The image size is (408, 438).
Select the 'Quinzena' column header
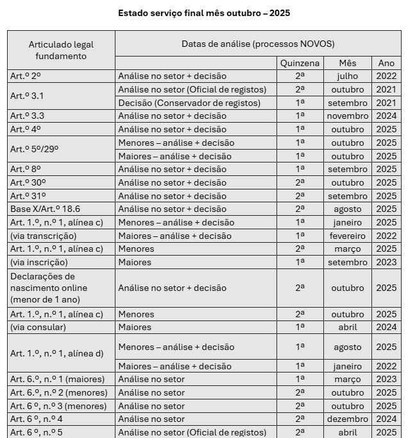(300, 63)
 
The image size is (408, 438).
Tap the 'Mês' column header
(347, 63)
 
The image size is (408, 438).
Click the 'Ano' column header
(386, 63)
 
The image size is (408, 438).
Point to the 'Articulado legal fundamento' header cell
(61, 50)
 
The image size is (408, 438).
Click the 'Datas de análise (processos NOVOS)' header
(257, 44)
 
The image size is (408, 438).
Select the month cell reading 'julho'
(347, 76)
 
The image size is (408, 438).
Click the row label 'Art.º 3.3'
(27, 116)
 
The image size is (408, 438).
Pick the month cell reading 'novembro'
(347, 116)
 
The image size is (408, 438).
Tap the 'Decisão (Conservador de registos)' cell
(189, 103)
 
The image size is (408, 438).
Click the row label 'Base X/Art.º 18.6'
(45, 209)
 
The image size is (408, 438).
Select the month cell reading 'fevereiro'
(347, 236)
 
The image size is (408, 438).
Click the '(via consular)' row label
(38, 327)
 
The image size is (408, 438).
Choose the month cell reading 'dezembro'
(347, 419)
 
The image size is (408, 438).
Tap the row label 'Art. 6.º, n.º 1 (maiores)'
(57, 379)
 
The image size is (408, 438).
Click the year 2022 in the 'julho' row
(386, 76)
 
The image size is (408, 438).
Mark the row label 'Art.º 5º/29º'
(34, 150)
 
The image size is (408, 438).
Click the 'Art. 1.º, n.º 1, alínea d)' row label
(56, 354)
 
